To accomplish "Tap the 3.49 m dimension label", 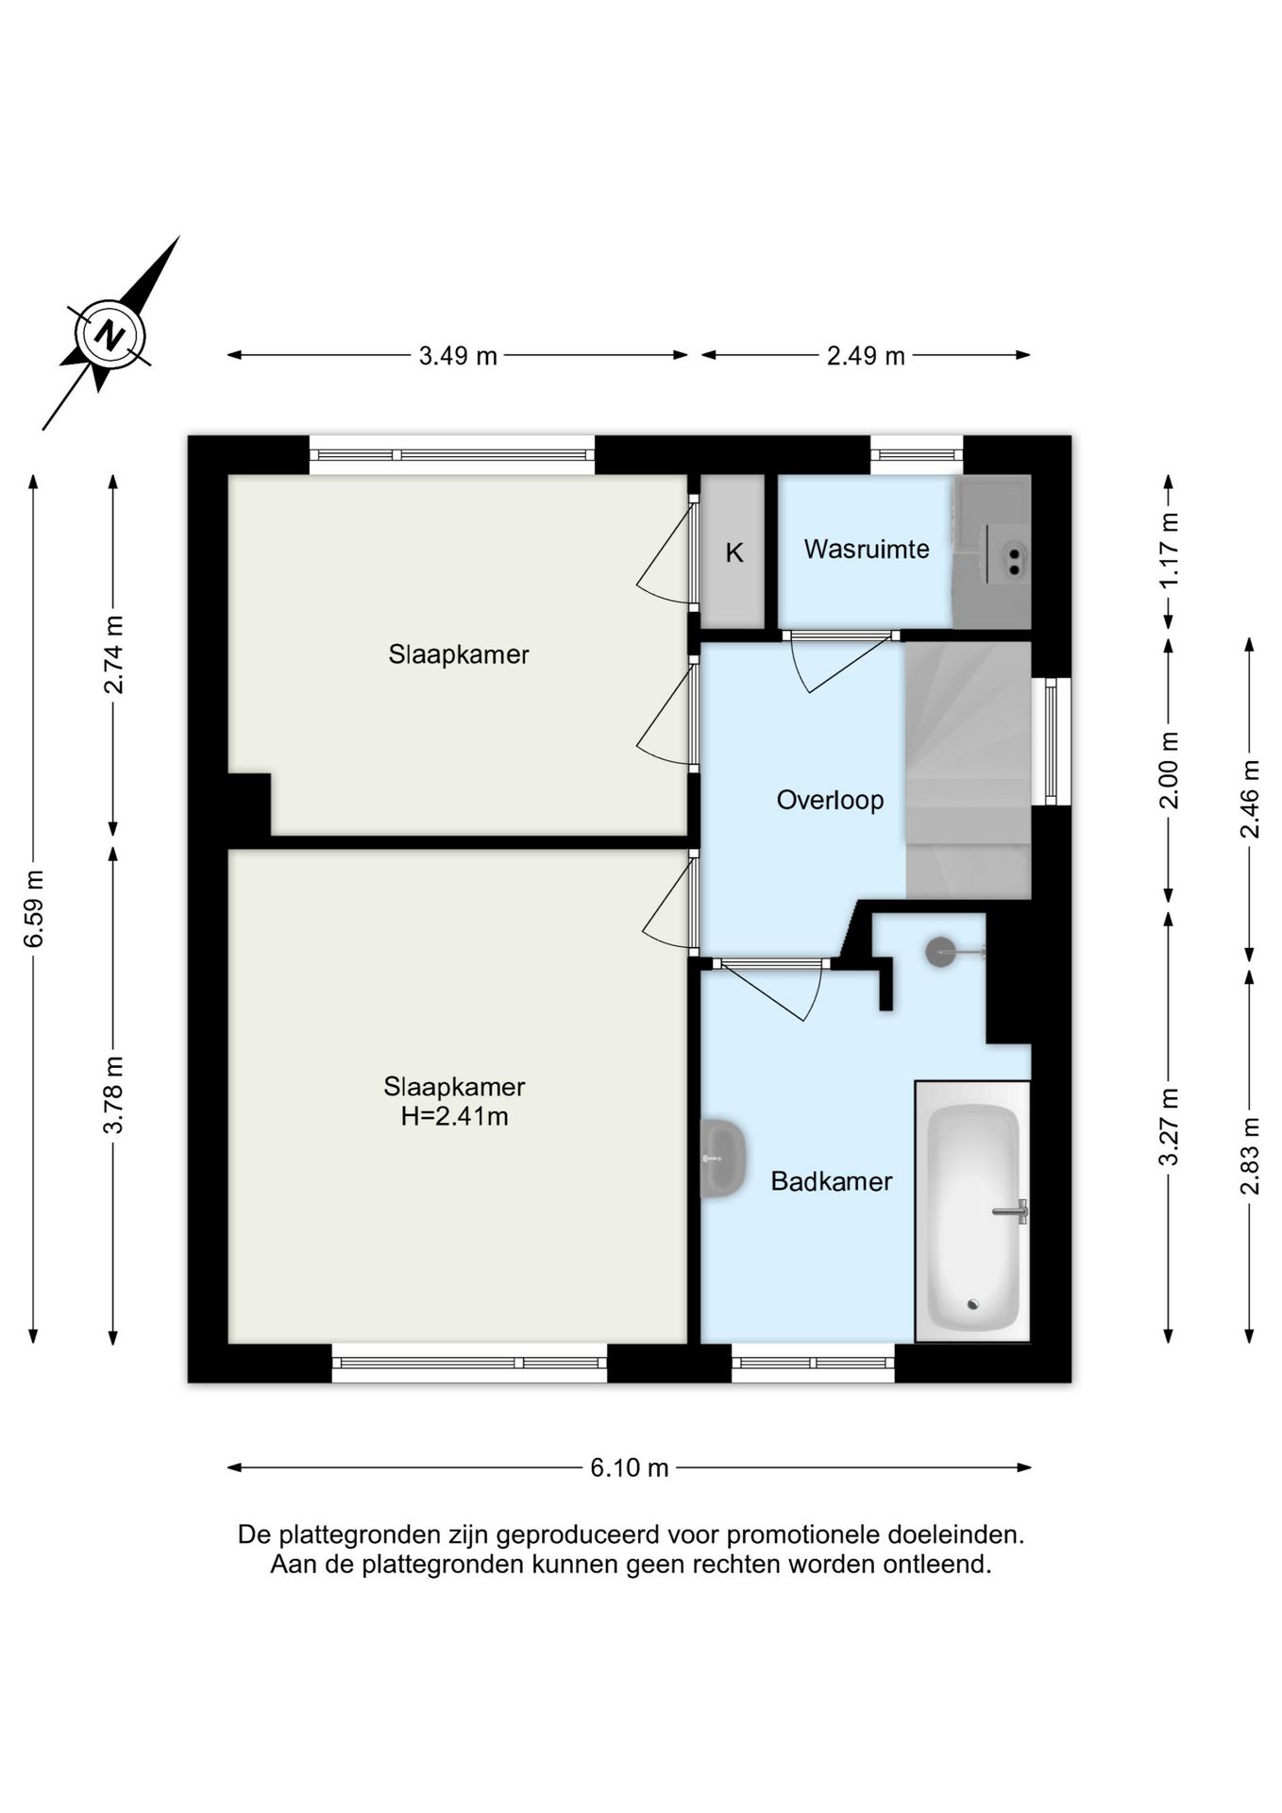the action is click(458, 356).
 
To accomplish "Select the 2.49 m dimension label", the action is click(866, 356).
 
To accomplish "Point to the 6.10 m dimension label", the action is click(630, 1467).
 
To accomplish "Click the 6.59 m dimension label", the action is click(34, 907).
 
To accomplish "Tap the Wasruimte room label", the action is click(867, 549).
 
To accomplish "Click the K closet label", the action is click(734, 552).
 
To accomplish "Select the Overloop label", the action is click(830, 800).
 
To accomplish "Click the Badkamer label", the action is click(832, 1181).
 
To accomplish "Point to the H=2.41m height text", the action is click(454, 1117).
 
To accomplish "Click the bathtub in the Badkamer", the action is click(972, 1211).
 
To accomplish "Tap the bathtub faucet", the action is click(1011, 1211).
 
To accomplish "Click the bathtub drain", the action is click(973, 1305).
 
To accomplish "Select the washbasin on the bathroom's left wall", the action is click(723, 1158).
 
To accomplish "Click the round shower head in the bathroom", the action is click(940, 952).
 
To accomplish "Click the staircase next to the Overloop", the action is click(968, 770).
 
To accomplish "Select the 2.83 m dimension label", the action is click(1250, 1155).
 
